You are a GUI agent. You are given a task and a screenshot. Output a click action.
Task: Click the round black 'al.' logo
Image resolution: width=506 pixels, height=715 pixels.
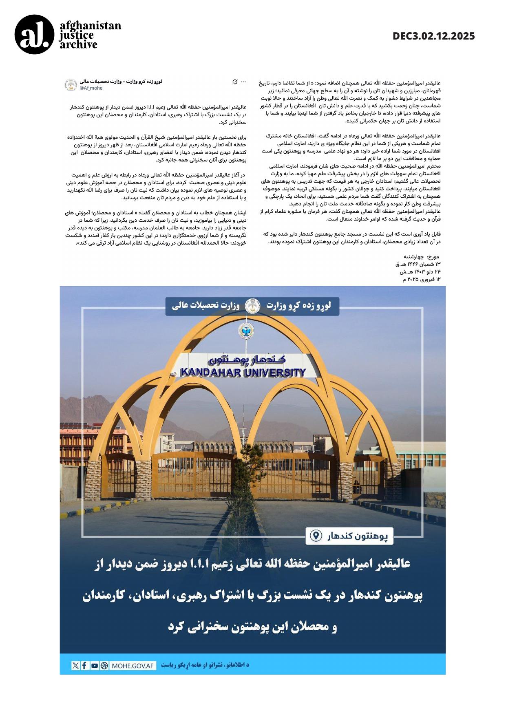tap(34, 35)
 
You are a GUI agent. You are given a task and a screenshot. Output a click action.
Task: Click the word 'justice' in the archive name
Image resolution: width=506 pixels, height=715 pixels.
tap(76, 35)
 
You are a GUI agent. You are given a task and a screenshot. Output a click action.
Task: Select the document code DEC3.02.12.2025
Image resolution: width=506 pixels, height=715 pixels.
tap(433, 36)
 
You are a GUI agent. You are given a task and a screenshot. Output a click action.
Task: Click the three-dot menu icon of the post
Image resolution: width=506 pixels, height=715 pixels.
tap(243, 82)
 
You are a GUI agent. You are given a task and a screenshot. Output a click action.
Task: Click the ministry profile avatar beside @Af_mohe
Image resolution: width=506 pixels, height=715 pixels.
tap(71, 85)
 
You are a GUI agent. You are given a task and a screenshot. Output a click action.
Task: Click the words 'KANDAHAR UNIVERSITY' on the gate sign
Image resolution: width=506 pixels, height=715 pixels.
tap(243, 372)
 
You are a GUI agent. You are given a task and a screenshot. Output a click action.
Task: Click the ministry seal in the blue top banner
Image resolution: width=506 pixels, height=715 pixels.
tap(253, 306)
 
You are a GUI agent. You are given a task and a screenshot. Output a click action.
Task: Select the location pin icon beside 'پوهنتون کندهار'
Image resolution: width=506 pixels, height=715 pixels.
tap(316, 536)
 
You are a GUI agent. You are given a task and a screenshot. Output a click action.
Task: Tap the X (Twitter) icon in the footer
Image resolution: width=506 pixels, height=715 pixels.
tap(75, 665)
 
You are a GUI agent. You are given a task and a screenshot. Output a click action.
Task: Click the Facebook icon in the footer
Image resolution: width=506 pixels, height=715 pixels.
tap(84, 665)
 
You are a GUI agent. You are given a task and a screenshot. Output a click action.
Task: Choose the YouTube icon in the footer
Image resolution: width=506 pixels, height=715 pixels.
tap(94, 665)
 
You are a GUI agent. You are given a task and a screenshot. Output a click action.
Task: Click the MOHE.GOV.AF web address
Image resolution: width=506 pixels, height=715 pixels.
tap(133, 666)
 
